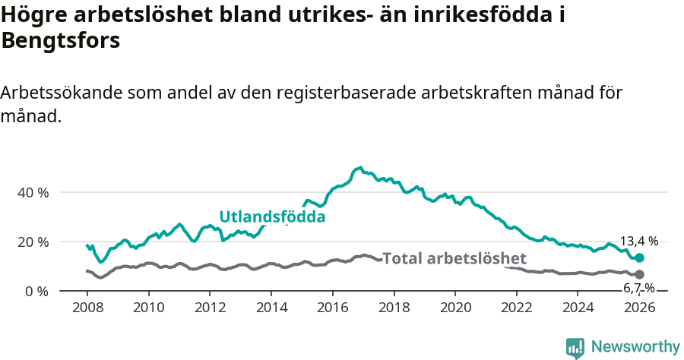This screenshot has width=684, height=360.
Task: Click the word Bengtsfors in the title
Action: click(x=61, y=41)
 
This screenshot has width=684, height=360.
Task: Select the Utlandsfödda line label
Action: click(x=272, y=216)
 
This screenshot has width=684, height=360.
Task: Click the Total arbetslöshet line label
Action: click(x=454, y=258)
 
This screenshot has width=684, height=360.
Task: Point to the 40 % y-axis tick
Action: click(x=33, y=192)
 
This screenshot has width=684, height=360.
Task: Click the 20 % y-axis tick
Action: click(x=33, y=242)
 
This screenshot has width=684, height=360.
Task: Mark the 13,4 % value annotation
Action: click(x=639, y=241)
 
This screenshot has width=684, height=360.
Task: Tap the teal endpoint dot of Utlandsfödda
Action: click(x=639, y=258)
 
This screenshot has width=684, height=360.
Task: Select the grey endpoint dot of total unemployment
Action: click(x=639, y=274)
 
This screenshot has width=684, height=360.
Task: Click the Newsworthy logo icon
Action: click(x=575, y=347)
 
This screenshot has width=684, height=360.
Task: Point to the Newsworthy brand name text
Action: click(x=635, y=347)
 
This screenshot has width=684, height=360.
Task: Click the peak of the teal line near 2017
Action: click(x=360, y=168)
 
